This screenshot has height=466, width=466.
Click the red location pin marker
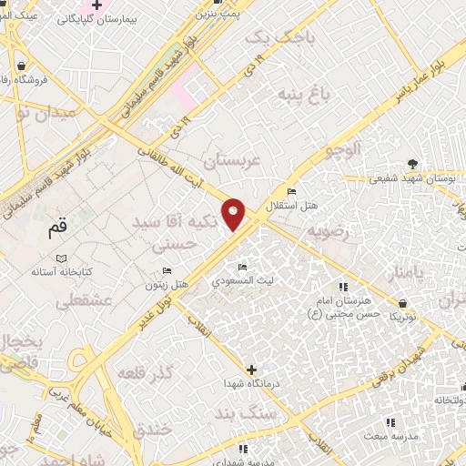(234, 213)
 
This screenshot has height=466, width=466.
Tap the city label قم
(57, 230)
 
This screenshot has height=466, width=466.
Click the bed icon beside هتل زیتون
(166, 271)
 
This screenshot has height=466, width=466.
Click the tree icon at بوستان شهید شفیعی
(414, 164)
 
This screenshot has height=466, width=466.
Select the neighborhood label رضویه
(328, 232)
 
